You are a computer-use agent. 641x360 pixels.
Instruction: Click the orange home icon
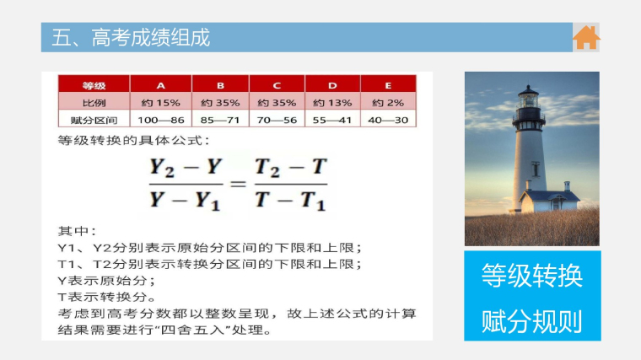586,38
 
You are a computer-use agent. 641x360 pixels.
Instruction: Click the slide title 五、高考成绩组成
131,38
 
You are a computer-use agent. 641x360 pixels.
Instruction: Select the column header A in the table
160,85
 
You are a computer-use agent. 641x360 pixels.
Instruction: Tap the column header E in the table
388,85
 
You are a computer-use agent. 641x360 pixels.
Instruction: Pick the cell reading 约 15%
160,103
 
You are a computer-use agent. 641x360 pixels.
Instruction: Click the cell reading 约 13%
332,103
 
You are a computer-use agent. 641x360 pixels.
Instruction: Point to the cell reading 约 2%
388,103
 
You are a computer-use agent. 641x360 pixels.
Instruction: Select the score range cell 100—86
160,120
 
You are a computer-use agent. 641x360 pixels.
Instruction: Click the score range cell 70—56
277,120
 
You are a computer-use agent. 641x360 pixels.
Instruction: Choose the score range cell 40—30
388,120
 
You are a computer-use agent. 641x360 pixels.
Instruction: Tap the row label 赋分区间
94,120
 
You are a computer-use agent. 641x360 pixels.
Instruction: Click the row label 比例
94,103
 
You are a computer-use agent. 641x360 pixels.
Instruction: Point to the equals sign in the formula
239,185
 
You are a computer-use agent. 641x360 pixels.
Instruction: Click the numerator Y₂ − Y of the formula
186,168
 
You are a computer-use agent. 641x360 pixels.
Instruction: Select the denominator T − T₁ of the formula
291,201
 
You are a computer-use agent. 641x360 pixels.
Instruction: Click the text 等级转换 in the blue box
532,276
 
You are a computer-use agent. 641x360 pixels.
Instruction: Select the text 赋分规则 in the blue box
532,321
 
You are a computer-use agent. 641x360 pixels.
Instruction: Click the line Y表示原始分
106,281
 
